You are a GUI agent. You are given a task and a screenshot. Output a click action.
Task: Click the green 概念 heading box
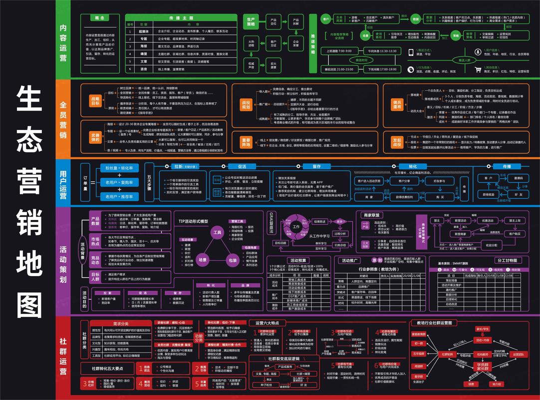click(99, 18)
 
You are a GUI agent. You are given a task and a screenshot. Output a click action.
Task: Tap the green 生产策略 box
click(251, 21)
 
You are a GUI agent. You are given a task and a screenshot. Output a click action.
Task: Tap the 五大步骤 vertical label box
click(150, 178)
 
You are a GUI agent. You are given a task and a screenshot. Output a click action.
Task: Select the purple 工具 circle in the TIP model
click(217, 232)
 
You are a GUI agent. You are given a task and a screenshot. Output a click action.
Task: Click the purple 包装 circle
click(233, 260)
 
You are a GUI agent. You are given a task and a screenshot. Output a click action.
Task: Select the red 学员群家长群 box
click(482, 368)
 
